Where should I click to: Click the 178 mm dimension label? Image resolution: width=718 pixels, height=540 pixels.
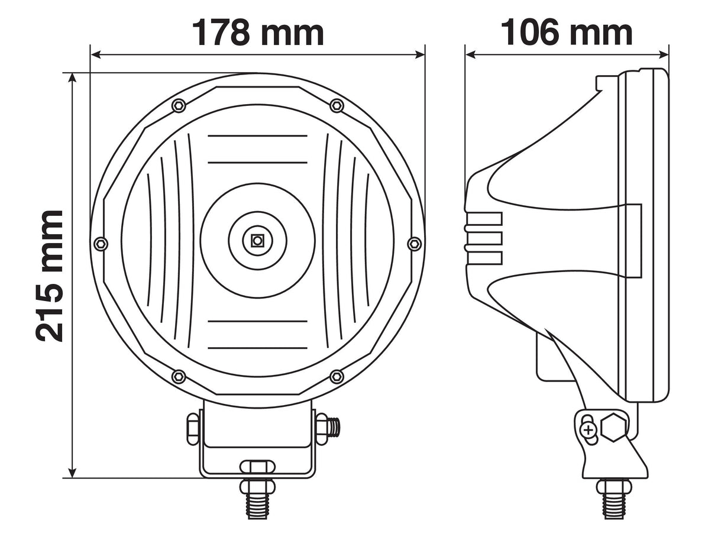point(258,33)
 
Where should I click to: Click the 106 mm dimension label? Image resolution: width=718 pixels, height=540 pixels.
point(567,33)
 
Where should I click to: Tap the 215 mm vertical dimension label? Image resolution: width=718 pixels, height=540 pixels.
point(50,276)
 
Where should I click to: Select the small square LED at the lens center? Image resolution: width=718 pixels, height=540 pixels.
point(257,240)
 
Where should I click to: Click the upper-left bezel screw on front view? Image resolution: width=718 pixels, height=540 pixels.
point(179,106)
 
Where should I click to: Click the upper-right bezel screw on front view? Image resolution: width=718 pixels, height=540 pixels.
point(337,106)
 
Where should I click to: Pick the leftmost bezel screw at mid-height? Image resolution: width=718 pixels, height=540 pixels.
point(101,243)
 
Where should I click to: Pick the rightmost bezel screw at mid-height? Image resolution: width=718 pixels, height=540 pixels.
point(415,243)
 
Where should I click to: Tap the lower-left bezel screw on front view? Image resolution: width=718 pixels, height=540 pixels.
point(178,377)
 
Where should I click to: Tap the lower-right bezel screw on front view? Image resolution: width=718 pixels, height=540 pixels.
point(337,377)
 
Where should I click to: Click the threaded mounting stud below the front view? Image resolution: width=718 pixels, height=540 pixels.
point(257,500)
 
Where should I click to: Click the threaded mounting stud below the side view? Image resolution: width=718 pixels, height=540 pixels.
point(614,500)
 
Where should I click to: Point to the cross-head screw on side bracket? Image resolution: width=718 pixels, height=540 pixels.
point(588,430)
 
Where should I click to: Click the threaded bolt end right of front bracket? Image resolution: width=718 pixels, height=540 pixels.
point(334,427)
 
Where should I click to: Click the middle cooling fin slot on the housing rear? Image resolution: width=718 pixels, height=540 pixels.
point(484,238)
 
